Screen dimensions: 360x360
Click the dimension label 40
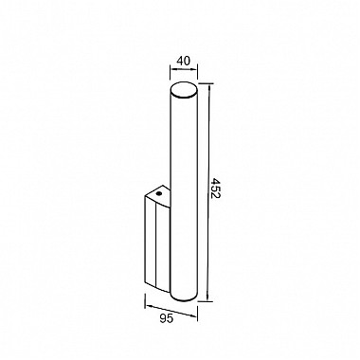184,61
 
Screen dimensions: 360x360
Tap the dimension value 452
216,188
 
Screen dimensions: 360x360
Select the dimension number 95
167,319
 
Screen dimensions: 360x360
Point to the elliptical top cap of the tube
184,91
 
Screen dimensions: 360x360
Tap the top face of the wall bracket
158,193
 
